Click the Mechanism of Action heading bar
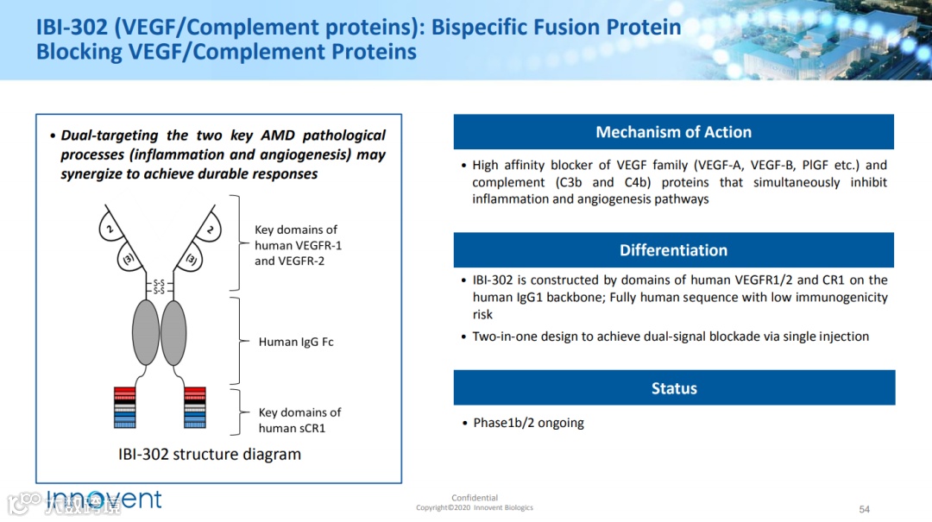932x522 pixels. click(673, 132)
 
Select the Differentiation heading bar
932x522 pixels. click(673, 250)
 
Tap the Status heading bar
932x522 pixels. click(673, 388)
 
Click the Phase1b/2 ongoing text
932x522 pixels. click(528, 423)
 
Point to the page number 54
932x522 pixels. click(865, 509)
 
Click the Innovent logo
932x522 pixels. click(104, 500)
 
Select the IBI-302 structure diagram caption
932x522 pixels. click(210, 454)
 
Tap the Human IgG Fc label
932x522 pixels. click(296, 342)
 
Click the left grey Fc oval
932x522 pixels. click(146, 332)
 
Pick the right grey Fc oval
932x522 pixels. click(173, 332)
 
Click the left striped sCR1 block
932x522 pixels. click(124, 407)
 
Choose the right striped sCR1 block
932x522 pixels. click(195, 407)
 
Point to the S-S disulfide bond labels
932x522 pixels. click(159, 286)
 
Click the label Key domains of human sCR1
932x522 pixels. click(299, 420)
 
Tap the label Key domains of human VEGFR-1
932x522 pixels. click(298, 245)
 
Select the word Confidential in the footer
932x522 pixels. click(475, 498)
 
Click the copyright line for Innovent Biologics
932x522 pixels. click(475, 508)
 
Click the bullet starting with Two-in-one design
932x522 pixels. click(671, 336)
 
